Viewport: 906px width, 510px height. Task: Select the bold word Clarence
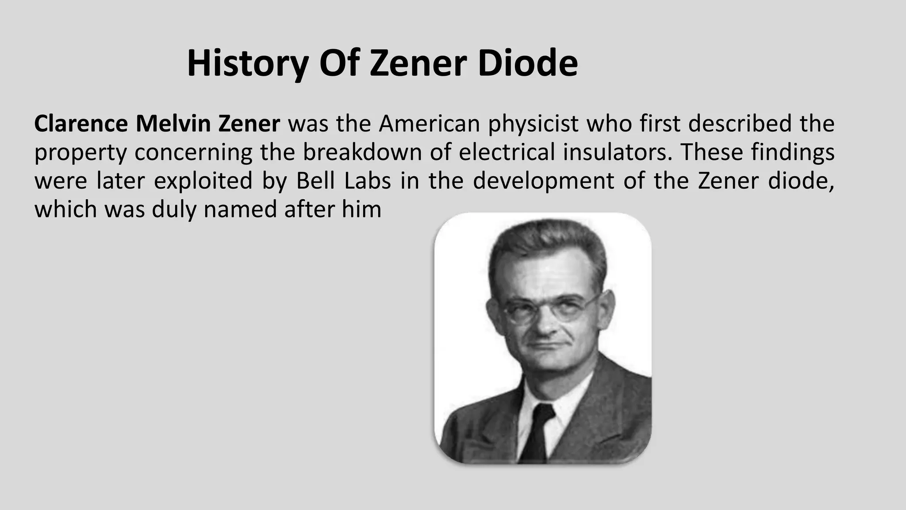pyautogui.click(x=81, y=124)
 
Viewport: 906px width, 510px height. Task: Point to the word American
pyautogui.click(x=429, y=124)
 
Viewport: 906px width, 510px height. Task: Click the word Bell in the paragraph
pyautogui.click(x=315, y=181)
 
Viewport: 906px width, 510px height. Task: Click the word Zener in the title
pyautogui.click(x=418, y=64)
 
